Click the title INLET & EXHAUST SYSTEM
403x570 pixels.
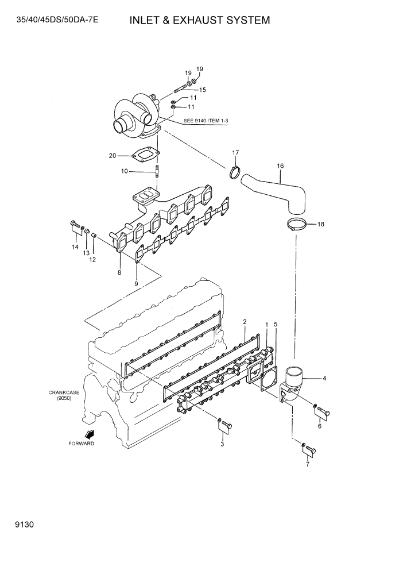point(199,21)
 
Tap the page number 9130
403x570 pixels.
point(17,525)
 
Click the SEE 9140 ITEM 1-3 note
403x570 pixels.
point(206,121)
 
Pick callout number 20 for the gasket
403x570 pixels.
point(113,156)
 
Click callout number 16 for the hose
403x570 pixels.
point(280,166)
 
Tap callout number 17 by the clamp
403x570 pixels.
point(235,152)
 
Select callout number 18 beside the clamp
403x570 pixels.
point(320,224)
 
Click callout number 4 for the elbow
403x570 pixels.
point(324,378)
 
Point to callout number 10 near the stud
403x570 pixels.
point(125,171)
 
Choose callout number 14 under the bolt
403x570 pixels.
point(75,247)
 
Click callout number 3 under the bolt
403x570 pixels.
point(222,444)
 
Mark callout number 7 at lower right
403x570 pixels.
point(307,464)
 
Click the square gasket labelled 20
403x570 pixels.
point(145,156)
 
